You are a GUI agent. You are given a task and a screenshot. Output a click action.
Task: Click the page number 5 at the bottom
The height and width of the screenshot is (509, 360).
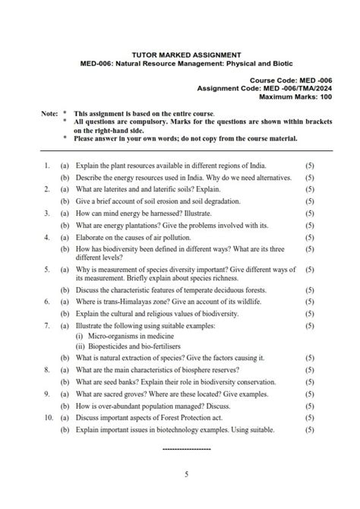186,475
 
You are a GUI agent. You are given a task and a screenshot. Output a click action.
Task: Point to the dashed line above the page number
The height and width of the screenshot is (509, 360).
186,449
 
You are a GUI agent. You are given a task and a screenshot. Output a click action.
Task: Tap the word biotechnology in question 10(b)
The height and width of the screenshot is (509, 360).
176,429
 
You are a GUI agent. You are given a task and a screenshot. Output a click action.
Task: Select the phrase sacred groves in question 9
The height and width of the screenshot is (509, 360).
125,394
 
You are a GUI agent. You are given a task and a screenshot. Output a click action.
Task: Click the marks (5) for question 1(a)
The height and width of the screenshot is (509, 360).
310,165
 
